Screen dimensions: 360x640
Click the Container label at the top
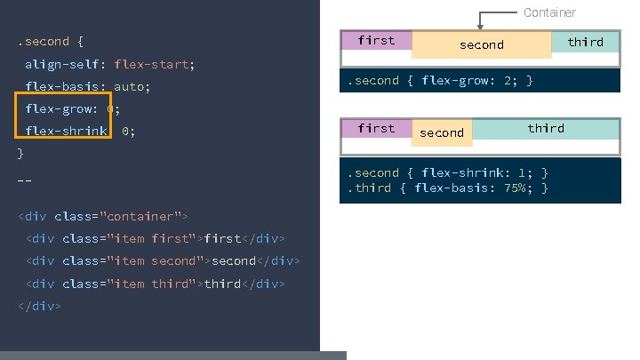point(549,12)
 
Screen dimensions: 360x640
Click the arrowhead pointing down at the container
point(480,26)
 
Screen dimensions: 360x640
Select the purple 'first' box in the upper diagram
point(376,40)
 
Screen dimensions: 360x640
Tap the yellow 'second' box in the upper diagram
point(481,45)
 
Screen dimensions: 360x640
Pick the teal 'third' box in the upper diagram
point(585,42)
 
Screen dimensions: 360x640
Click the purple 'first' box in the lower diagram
point(376,129)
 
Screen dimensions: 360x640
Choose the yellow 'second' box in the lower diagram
point(442,133)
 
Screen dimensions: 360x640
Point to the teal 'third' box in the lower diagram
point(546,129)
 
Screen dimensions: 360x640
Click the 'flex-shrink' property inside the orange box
point(67,131)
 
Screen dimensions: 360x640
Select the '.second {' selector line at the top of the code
point(50,42)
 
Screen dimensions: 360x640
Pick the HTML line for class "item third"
point(156,284)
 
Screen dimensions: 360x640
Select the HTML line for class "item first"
point(156,238)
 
